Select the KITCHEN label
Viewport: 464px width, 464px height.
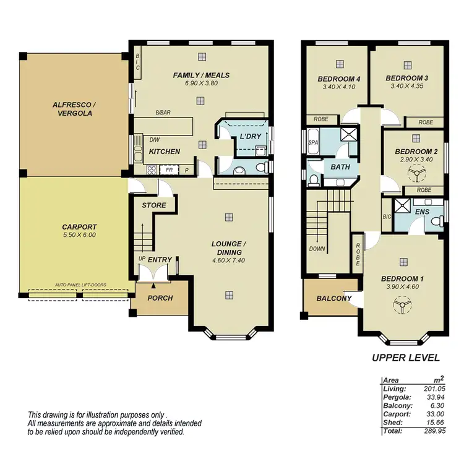(165, 152)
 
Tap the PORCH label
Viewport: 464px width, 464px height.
(160, 298)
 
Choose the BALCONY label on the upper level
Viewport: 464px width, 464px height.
(333, 298)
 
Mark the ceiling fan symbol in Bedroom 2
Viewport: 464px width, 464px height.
(413, 174)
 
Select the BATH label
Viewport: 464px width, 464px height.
(340, 167)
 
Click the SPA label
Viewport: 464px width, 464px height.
(312, 143)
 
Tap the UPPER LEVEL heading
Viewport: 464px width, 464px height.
(405, 358)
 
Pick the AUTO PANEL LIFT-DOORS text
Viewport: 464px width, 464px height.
(80, 285)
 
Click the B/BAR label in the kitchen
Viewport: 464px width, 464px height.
(163, 113)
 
